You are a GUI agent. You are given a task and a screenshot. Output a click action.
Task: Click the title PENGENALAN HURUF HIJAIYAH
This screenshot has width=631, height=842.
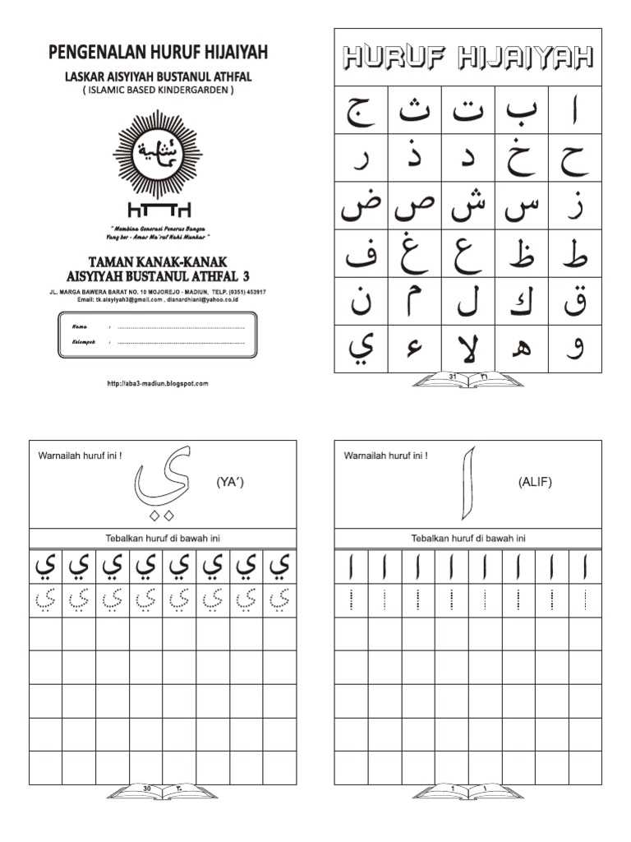coord(159,53)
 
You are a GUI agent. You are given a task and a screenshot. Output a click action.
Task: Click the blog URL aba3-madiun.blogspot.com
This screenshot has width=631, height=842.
coord(158,383)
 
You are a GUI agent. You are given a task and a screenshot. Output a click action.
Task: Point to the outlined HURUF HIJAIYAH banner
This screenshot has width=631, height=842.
coord(467,58)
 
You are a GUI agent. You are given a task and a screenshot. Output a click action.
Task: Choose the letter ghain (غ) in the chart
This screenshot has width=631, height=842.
coord(413,254)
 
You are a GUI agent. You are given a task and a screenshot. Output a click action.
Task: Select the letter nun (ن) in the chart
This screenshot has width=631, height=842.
coord(360,302)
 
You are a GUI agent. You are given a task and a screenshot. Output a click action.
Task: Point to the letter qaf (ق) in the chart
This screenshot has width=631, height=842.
coord(574,302)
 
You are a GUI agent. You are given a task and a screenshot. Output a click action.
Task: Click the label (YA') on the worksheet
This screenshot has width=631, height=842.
coord(230,483)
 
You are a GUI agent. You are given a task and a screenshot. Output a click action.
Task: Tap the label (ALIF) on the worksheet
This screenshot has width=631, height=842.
coord(535,483)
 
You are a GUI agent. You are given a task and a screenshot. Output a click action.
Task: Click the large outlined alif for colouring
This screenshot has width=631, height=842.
coord(468,483)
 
